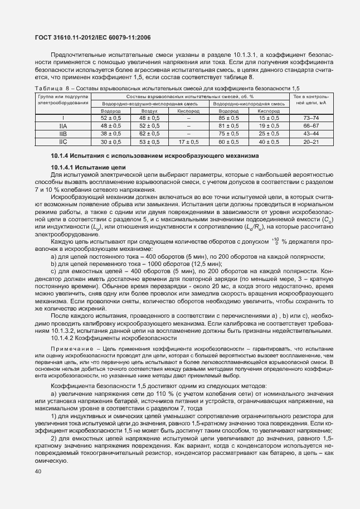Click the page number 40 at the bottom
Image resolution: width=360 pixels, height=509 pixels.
38,472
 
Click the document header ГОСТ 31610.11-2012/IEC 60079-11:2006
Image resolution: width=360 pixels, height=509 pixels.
93,38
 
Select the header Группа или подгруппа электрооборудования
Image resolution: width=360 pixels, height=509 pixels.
62,100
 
